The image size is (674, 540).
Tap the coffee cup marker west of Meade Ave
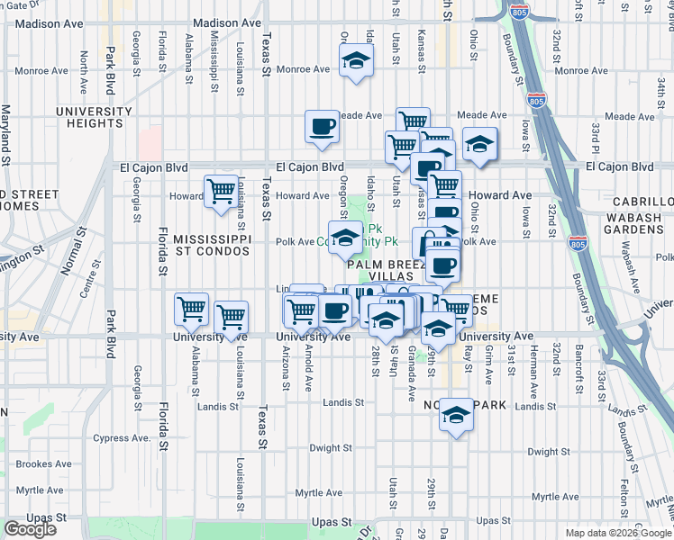[322, 126]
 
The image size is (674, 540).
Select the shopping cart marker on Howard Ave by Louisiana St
[221, 192]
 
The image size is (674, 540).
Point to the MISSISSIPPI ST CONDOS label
[211, 247]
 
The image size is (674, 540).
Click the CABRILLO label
[642, 203]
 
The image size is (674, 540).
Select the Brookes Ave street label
[43, 464]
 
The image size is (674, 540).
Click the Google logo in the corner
[30, 529]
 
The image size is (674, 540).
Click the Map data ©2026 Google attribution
[618, 533]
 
